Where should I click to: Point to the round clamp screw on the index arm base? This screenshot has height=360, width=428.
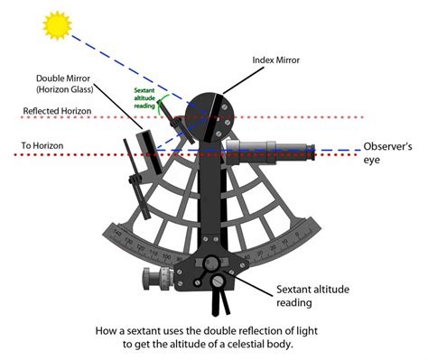tap(211, 263)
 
